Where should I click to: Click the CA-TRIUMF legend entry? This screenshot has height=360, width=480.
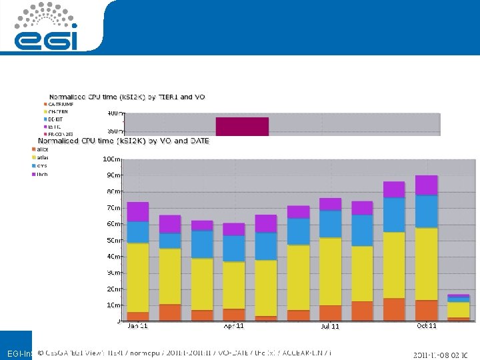[x=60, y=104]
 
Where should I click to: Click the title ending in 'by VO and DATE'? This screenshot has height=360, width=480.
[x=123, y=141]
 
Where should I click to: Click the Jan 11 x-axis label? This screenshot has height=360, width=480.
[x=138, y=326]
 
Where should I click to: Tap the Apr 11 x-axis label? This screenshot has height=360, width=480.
[x=233, y=326]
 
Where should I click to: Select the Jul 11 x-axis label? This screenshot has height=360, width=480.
[x=330, y=327]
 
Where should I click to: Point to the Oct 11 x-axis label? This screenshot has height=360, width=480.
[x=427, y=326]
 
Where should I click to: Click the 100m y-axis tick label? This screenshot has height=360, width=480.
[x=111, y=159]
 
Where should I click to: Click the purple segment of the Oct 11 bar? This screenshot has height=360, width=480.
[x=426, y=185]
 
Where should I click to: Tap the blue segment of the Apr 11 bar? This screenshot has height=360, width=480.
[x=233, y=248]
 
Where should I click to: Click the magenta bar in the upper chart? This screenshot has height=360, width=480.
[x=242, y=126]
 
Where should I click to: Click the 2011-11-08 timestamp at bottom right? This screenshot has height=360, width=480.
[x=441, y=355]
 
